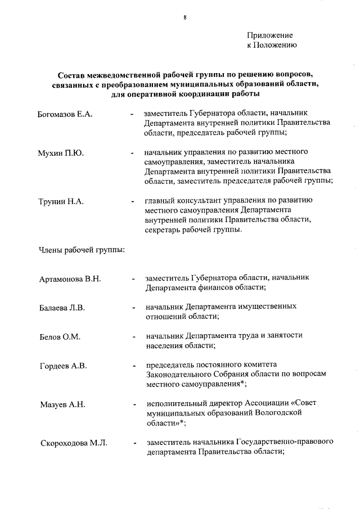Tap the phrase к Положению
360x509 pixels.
click(x=272, y=45)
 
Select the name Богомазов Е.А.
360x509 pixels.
click(x=65, y=115)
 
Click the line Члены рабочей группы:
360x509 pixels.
click(x=81, y=250)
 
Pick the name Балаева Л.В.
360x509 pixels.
click(x=62, y=308)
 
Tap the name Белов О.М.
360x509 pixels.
click(x=60, y=337)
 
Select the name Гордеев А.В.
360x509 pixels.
click(x=63, y=366)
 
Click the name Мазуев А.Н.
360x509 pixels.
click(x=61, y=404)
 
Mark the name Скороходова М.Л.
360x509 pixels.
click(x=73, y=443)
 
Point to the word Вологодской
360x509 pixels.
click(x=278, y=412)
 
